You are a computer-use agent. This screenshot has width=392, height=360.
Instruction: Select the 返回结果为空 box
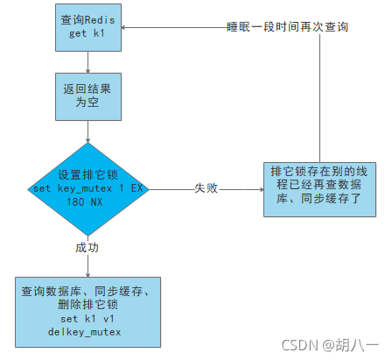(x=87, y=96)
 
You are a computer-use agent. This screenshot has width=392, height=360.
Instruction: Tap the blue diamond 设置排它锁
(x=87, y=186)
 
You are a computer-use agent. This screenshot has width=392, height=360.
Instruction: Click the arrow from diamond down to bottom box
(x=87, y=263)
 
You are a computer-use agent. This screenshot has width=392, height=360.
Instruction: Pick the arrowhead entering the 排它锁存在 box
(x=259, y=187)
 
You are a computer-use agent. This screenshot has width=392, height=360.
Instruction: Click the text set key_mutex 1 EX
(x=87, y=187)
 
